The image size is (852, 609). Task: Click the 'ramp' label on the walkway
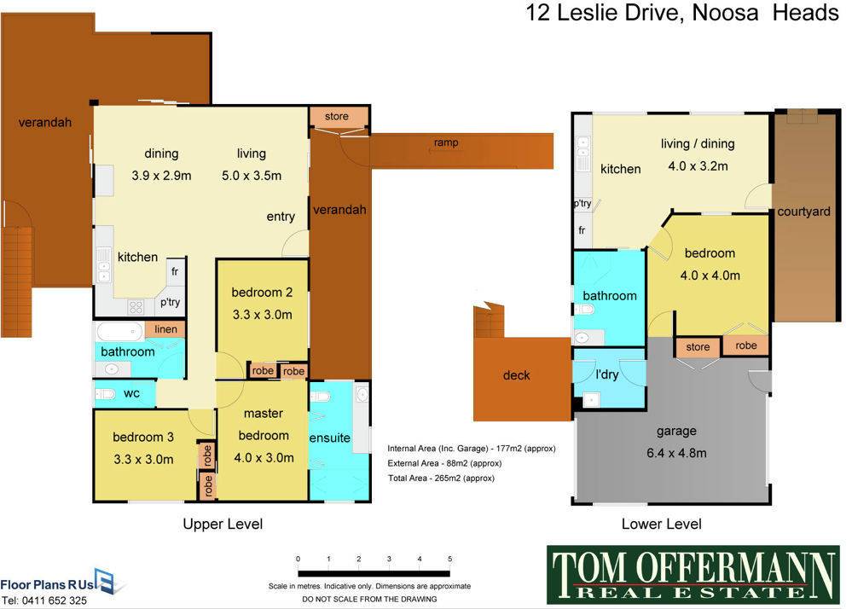click(x=446, y=142)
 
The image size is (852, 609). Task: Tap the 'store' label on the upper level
click(x=336, y=116)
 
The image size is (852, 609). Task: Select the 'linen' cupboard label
click(x=165, y=329)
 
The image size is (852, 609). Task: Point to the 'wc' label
click(x=131, y=393)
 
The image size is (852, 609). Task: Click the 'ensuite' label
click(x=330, y=438)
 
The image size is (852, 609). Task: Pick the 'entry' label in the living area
click(x=281, y=217)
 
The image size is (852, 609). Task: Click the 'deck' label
click(x=516, y=375)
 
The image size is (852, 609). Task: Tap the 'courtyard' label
click(x=803, y=212)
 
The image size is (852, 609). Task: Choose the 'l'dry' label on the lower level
click(x=607, y=374)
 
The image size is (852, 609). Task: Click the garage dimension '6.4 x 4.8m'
click(x=676, y=453)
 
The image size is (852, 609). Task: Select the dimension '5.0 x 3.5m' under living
click(x=252, y=176)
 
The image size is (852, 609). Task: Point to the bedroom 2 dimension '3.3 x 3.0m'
click(x=263, y=315)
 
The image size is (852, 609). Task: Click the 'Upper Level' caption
click(x=223, y=525)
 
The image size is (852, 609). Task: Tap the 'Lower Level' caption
click(x=661, y=525)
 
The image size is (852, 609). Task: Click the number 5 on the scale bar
click(x=450, y=559)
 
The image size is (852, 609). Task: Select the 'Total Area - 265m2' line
click(x=441, y=478)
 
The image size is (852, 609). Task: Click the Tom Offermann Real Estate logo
click(x=693, y=575)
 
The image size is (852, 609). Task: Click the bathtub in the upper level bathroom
click(x=119, y=331)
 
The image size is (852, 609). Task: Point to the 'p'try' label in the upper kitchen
click(x=170, y=303)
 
